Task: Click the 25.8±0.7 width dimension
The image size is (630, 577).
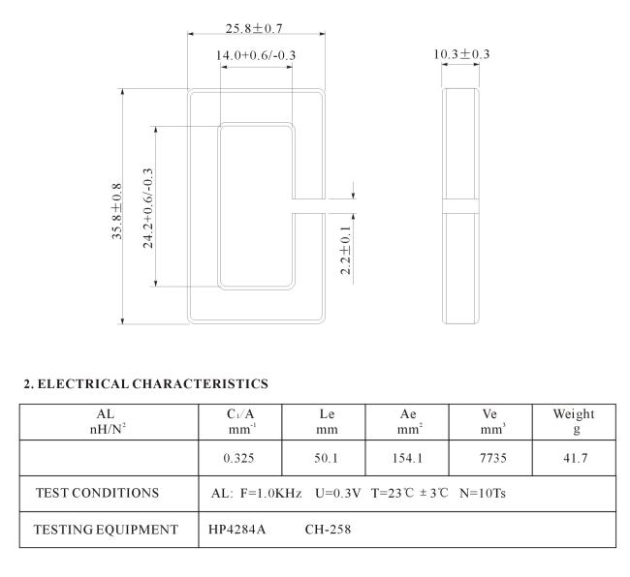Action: point(254,28)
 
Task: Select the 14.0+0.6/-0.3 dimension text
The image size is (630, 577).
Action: point(256,55)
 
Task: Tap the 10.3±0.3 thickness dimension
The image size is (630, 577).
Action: point(461,54)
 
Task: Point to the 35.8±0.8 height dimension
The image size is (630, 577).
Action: point(116,211)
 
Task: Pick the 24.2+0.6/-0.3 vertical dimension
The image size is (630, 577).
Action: point(148,208)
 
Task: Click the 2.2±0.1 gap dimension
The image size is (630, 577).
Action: point(346,250)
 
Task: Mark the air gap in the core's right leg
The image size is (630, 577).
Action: point(308,206)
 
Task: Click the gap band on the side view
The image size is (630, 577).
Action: point(460,206)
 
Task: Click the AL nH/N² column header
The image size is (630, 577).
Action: point(108,422)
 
